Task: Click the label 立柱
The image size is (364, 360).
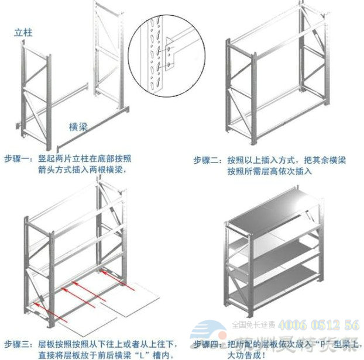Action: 23,33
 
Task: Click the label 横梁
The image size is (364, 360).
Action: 79,126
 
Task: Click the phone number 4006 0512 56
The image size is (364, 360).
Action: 320,325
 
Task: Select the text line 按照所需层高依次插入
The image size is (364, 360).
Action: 270,171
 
